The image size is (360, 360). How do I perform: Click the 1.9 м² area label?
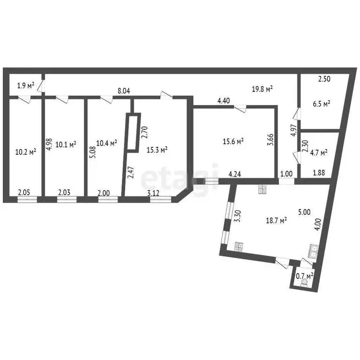point(26,86)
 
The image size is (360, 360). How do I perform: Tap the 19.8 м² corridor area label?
point(262,89)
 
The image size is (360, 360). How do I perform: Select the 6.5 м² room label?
point(322,104)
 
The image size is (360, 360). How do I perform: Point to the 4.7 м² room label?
point(319,152)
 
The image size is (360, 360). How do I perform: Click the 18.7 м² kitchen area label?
point(276,221)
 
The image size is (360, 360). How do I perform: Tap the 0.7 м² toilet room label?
point(305,276)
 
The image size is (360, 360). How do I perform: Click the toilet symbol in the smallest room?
point(305,283)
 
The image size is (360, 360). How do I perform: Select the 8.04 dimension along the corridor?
point(124,91)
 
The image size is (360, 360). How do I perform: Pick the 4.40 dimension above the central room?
point(224,101)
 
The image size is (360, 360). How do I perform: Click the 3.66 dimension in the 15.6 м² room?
point(270,140)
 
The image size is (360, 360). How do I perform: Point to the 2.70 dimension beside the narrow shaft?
point(145,132)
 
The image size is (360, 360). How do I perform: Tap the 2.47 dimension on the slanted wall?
point(132,172)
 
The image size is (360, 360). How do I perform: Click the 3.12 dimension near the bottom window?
point(153,193)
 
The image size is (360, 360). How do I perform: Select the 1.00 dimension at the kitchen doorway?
point(286,173)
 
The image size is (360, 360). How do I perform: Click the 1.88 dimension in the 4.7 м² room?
point(319,172)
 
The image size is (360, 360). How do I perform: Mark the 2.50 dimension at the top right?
point(324,79)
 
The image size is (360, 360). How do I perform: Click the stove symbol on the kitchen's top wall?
point(262,189)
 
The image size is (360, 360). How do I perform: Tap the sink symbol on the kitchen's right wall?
point(313,251)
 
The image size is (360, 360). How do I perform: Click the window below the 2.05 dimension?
point(27,199)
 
